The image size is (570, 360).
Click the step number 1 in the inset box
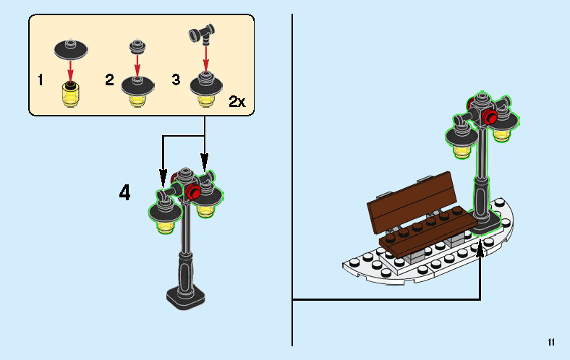[x=41, y=80]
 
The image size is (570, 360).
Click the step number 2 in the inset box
[x=109, y=80]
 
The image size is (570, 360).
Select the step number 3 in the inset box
[x=176, y=80]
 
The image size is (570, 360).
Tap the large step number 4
[x=124, y=192]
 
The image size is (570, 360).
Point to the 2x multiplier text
[x=237, y=101]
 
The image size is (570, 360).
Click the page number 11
[x=551, y=342]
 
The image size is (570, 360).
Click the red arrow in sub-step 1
[x=70, y=71]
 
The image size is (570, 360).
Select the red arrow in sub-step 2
[x=137, y=65]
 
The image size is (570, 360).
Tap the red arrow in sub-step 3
[x=205, y=59]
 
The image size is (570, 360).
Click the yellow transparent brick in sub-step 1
[x=70, y=95]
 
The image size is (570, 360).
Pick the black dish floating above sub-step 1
[x=71, y=49]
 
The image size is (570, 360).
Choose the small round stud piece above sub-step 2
[x=137, y=46]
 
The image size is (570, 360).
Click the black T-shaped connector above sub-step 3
[x=202, y=34]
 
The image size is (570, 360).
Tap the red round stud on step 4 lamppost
[x=192, y=192]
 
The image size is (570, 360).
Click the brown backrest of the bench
[x=412, y=202]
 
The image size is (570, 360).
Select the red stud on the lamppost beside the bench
[x=490, y=116]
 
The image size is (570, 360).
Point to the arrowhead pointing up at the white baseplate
[x=480, y=249]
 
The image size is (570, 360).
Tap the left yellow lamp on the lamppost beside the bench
[x=462, y=151]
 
